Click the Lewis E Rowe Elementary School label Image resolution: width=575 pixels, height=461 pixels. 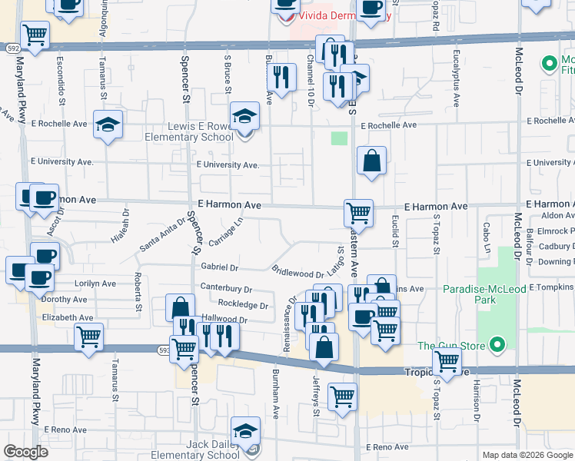coord(189,131)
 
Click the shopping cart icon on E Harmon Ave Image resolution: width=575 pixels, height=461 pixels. coord(358,212)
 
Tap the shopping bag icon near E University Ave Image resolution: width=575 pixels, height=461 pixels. coord(371,161)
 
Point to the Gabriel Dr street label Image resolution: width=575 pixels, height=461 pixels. coord(219,267)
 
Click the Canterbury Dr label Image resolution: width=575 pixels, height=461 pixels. coord(226,290)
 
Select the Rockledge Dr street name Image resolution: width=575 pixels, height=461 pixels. coord(243,305)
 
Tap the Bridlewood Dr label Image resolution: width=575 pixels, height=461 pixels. coord(297,274)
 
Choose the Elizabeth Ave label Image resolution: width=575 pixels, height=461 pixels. coord(68,317)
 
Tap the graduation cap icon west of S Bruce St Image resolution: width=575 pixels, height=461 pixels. coord(108,124)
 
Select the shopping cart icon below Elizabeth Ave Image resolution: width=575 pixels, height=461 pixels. coord(89,336)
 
